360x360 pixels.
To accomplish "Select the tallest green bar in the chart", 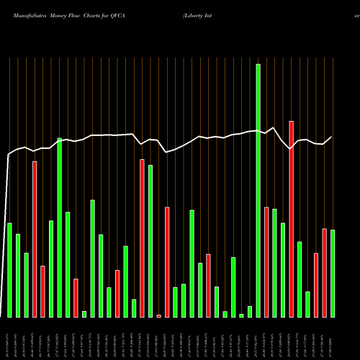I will [x=258, y=190].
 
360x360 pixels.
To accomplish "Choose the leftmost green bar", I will [x=9, y=270].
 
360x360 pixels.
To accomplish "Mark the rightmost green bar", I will [x=333, y=274].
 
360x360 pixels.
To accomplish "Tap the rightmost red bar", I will [x=324, y=273].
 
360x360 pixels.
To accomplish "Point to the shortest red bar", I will [x=158, y=315].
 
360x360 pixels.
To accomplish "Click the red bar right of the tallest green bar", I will [x=266, y=262].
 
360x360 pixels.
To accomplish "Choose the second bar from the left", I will [x=18, y=275].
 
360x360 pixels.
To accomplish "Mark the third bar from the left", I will [x=26, y=284].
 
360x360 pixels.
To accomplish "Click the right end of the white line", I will [x=332, y=137].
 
